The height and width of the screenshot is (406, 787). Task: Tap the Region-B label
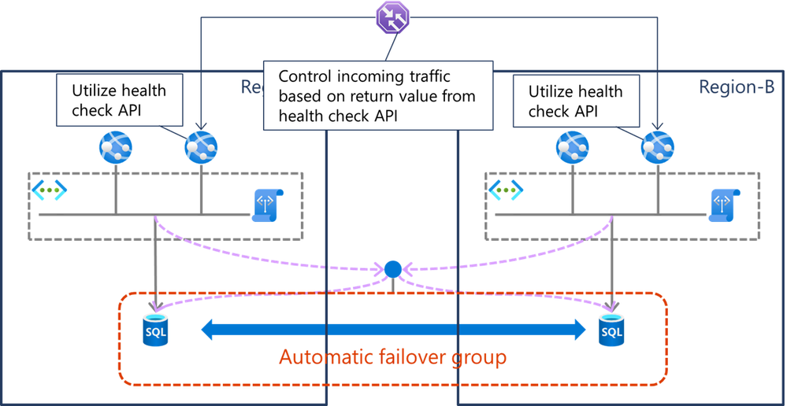pyautogui.click(x=736, y=87)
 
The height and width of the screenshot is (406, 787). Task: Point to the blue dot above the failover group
pyautogui.click(x=392, y=270)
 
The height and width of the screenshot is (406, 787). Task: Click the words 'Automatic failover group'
pyautogui.click(x=392, y=357)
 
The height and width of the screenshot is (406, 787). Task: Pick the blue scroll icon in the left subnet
pyautogui.click(x=268, y=205)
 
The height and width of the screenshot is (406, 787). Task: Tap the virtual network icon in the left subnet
pyautogui.click(x=49, y=190)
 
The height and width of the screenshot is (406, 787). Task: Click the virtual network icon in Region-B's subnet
pyautogui.click(x=505, y=190)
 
